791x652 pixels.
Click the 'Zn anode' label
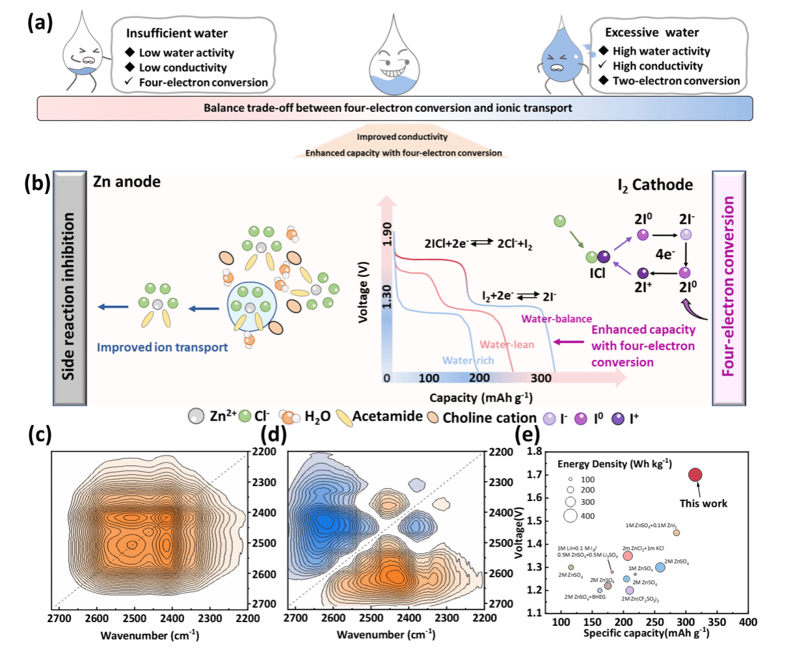[127, 182]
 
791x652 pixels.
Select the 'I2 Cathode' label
[655, 185]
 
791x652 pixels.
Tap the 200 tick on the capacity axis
[479, 377]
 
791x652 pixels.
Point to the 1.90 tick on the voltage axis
[387, 234]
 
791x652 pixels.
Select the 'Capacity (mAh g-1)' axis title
[481, 398]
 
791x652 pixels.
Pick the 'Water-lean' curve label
[507, 344]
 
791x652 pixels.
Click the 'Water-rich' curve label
[468, 360]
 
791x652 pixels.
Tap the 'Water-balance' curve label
[556, 319]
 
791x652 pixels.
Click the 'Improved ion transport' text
[162, 348]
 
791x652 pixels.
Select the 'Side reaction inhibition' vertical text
[68, 296]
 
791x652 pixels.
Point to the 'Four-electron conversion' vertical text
[727, 286]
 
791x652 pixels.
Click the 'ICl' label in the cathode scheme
[597, 273]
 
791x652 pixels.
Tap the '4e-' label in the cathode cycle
[664, 254]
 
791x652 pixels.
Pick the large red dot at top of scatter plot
[695, 475]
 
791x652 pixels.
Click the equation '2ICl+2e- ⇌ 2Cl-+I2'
[478, 244]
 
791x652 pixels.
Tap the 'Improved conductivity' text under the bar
[402, 137]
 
